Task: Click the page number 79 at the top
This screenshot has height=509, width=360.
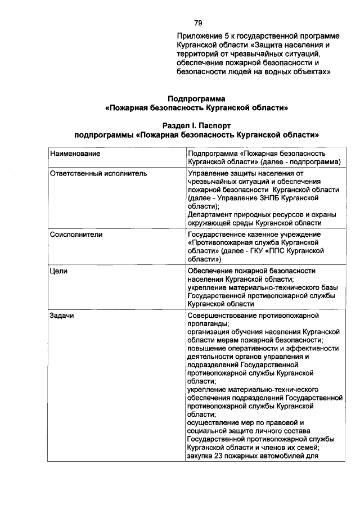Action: tap(198, 23)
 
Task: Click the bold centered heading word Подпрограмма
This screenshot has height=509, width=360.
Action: tap(197, 98)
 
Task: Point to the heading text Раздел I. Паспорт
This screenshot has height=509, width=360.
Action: tap(197, 126)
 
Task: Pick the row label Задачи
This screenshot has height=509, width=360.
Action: tap(62, 316)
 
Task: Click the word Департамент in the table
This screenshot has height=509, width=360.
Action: tap(210, 214)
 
